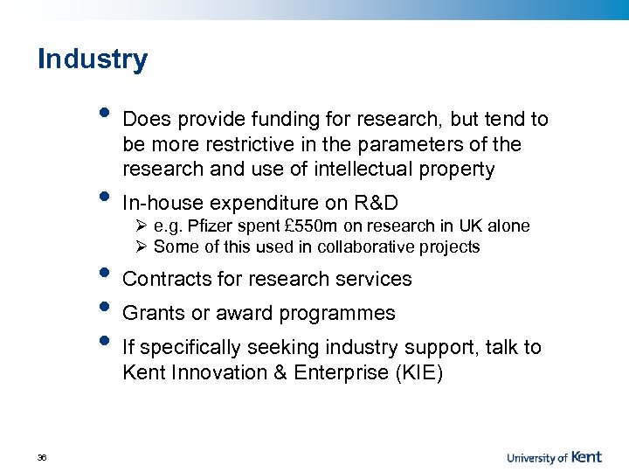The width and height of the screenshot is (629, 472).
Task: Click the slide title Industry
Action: [93, 59]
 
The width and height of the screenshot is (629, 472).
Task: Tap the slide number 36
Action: [42, 457]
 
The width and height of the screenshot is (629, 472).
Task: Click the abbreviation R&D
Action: [375, 204]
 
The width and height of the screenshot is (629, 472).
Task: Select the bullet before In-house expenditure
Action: [104, 198]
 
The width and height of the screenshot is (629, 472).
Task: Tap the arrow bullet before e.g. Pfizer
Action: [143, 226]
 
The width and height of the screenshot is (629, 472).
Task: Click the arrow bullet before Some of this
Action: [143, 247]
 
